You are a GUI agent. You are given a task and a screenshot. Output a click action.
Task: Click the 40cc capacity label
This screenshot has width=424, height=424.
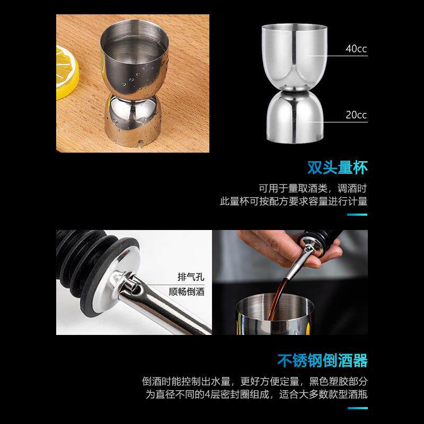356,49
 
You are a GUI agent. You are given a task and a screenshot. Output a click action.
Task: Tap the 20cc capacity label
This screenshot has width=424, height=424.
356,115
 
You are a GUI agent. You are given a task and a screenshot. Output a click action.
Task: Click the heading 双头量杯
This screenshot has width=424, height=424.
337,167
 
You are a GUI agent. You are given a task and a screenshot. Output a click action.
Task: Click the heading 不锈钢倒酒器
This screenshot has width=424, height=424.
322,361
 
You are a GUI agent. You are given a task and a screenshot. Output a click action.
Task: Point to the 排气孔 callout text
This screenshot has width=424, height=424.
191,277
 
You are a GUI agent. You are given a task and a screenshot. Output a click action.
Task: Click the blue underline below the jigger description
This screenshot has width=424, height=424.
357,215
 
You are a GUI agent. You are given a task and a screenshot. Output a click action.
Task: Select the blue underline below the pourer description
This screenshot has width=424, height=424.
357,408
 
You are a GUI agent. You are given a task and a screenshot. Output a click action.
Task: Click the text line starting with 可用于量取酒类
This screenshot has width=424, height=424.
313,188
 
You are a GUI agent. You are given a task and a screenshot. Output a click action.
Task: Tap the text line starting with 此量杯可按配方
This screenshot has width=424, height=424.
294,201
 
